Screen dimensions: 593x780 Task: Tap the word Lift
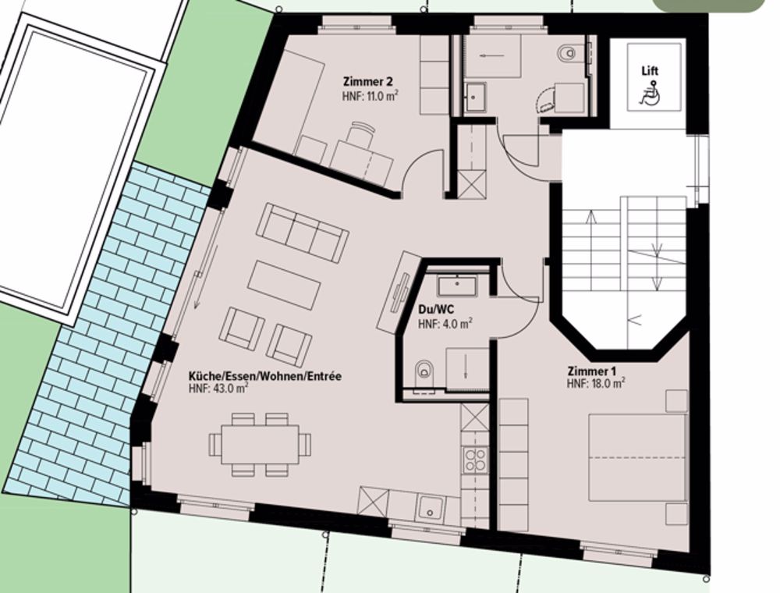(x=650, y=71)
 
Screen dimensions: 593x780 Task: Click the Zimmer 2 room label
(x=367, y=81)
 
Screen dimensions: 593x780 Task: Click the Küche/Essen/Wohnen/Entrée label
(x=264, y=376)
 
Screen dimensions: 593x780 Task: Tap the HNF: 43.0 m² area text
(x=218, y=389)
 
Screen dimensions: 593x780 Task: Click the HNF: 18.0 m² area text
(x=596, y=383)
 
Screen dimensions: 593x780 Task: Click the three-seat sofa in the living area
(x=303, y=232)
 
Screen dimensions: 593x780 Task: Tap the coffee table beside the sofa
(x=285, y=285)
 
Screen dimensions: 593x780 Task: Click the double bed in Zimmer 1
(x=636, y=458)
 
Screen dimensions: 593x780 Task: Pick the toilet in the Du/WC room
(x=424, y=371)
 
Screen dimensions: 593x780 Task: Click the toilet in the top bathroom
(x=567, y=54)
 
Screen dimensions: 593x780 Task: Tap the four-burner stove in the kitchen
(x=474, y=460)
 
